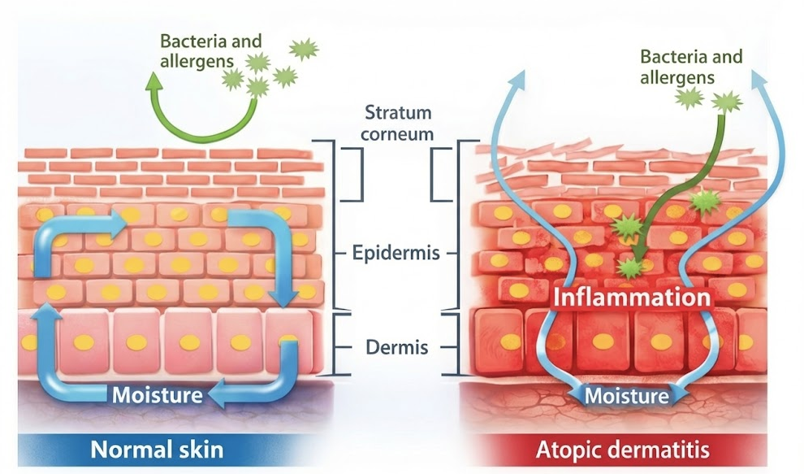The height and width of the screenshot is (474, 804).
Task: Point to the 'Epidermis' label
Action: (x=397, y=253)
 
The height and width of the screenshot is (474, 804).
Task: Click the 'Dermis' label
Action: (x=396, y=349)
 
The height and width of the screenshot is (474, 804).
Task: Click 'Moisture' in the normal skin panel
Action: (x=156, y=396)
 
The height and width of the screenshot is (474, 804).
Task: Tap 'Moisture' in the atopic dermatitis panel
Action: (x=627, y=396)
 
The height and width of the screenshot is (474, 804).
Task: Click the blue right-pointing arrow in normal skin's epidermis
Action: (x=106, y=221)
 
